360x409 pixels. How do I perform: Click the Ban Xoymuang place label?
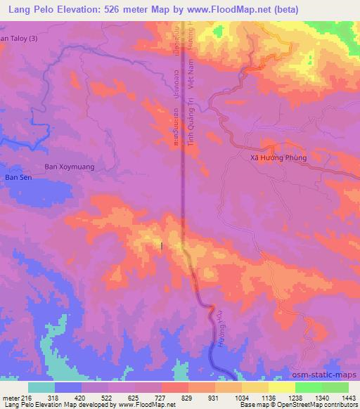(69, 167)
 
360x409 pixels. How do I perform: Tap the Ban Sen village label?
(19, 178)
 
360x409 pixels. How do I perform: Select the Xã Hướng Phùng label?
(279, 158)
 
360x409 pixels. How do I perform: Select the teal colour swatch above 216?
(41, 387)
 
